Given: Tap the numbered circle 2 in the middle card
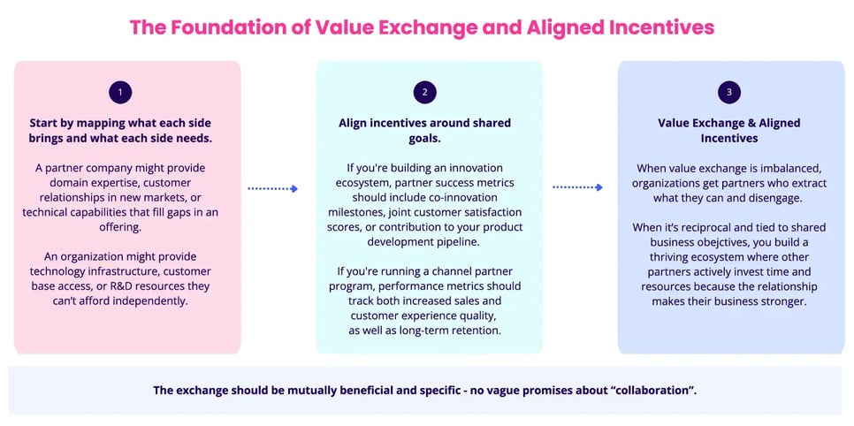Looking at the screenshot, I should pyautogui.click(x=425, y=92).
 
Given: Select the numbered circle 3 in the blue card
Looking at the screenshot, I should pyautogui.click(x=728, y=92).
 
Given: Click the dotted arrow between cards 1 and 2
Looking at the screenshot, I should pyautogui.click(x=272, y=188).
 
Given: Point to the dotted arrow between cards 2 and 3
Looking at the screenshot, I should pyautogui.click(x=577, y=187).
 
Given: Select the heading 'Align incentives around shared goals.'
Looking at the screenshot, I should pyautogui.click(x=424, y=131).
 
